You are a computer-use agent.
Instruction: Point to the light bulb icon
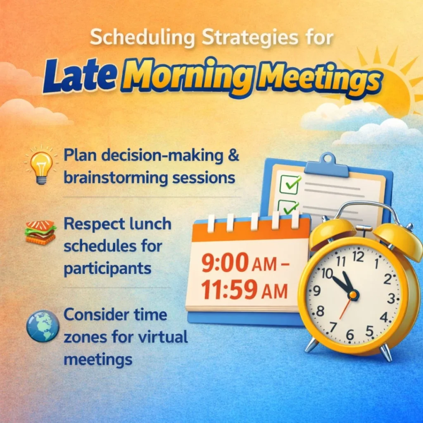click(41, 166)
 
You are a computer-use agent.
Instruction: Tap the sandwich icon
click(40, 232)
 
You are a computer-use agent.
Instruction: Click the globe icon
click(43, 326)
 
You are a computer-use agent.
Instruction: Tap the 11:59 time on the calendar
click(225, 290)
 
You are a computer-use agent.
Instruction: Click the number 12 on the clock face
click(358, 257)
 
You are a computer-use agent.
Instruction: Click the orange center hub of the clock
click(353, 295)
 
